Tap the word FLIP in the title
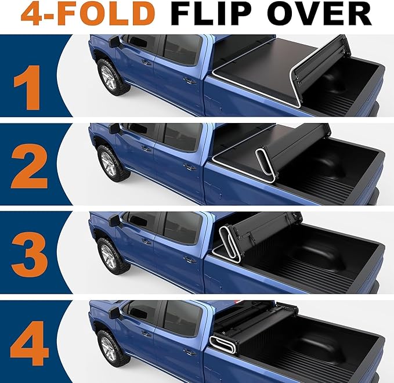pos(214,15)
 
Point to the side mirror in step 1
pos(114,42)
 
